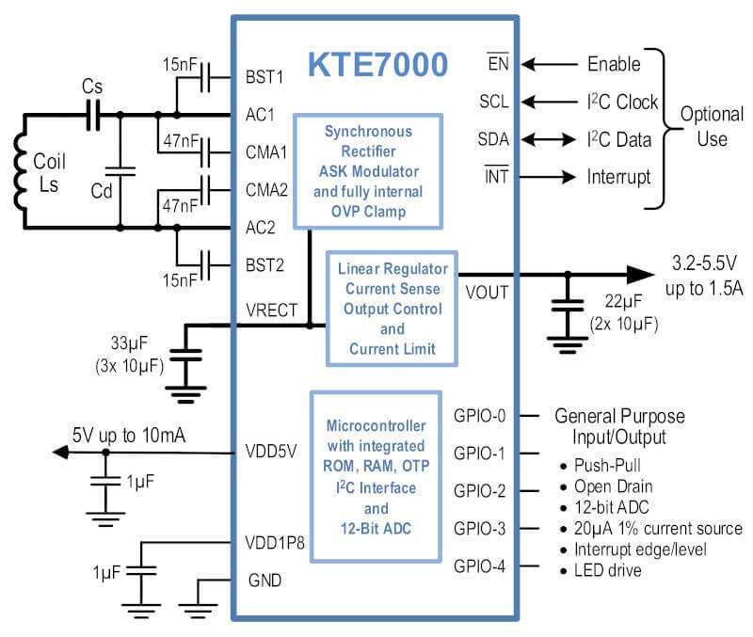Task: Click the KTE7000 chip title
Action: tap(377, 64)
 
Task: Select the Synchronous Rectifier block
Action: tap(368, 171)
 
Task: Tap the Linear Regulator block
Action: tap(392, 309)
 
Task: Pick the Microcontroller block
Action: tap(376, 477)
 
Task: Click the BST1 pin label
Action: tap(264, 77)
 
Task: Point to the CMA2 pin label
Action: tap(266, 190)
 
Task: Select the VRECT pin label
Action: tap(271, 311)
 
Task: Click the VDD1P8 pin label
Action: tap(275, 543)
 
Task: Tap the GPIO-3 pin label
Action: tap(479, 529)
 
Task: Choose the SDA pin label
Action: tap(493, 139)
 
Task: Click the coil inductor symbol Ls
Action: tap(19, 171)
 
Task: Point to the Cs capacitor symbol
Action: tap(92, 115)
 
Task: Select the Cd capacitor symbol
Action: tap(120, 171)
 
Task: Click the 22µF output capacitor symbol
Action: tap(568, 305)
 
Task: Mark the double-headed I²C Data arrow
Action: tap(549, 139)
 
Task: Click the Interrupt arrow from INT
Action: tap(548, 177)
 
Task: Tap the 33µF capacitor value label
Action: tap(129, 342)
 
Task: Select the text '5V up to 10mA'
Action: tap(129, 436)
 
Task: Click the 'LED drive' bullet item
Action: tap(601, 570)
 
